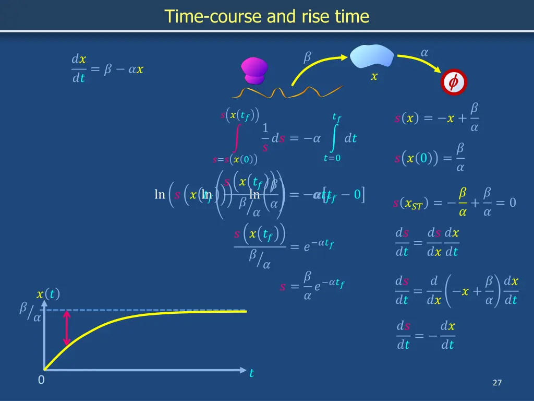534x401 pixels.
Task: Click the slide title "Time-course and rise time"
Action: click(267, 17)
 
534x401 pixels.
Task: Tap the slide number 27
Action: click(497, 383)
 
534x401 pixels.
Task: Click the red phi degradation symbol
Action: click(453, 82)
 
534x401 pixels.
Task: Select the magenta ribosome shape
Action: click(254, 71)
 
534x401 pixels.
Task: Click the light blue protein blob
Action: click(372, 56)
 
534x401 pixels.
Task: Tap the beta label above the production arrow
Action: click(307, 57)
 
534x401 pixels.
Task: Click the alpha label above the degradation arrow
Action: click(424, 52)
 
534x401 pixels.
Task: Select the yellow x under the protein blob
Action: click(374, 77)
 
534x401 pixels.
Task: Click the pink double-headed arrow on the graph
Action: click(67, 328)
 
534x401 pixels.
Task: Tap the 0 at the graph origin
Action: click(41, 380)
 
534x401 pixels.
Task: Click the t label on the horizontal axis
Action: click(251, 373)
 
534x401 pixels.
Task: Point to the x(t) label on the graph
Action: click(48, 294)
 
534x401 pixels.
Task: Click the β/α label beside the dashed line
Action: click(30, 312)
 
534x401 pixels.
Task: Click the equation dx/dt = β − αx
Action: click(107, 69)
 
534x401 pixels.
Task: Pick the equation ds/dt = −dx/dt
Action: click(426, 335)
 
